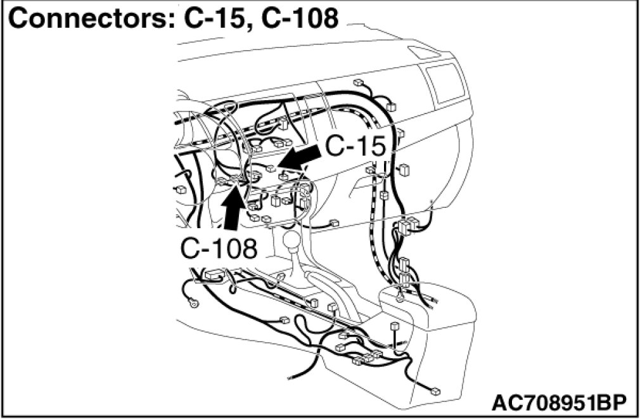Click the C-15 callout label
[355, 147]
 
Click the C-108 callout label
[219, 248]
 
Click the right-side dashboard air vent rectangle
[448, 84]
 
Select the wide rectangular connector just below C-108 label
[213, 275]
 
